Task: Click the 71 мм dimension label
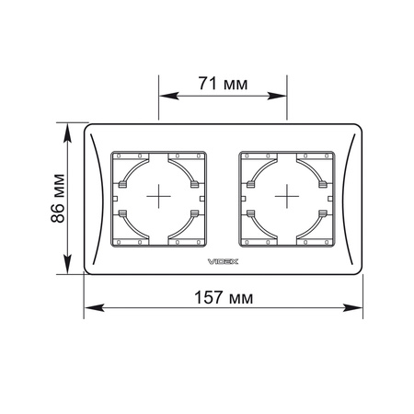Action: [x=223, y=84]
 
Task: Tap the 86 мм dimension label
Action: [x=58, y=198]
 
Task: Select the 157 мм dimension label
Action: [x=224, y=297]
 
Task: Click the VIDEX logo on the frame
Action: [x=223, y=261]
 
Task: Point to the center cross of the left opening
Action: [x=158, y=196]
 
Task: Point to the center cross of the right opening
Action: [x=287, y=196]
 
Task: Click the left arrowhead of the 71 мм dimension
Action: [x=169, y=96]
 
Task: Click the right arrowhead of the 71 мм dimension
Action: [x=277, y=96]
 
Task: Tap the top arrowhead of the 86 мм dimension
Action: [x=67, y=132]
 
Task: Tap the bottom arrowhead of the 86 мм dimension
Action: [x=67, y=264]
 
